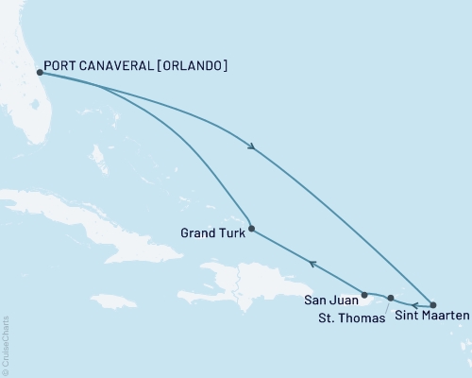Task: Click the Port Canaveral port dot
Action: click(x=39, y=72)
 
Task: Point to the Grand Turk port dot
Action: click(x=251, y=228)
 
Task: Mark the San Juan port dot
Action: click(x=364, y=295)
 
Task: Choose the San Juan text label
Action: click(x=330, y=301)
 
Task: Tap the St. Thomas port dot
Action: click(x=390, y=298)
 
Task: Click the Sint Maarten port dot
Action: click(x=433, y=304)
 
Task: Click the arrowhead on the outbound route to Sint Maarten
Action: click(x=251, y=146)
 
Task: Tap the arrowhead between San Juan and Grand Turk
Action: click(x=313, y=264)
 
